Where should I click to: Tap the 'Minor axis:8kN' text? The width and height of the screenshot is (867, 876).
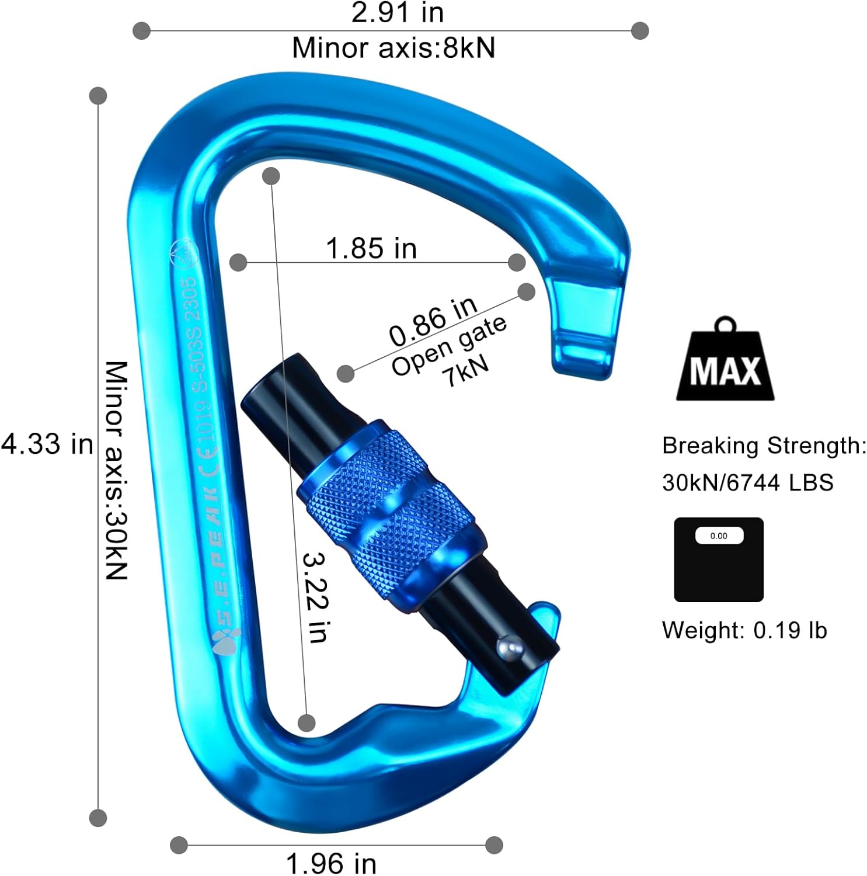coord(393,47)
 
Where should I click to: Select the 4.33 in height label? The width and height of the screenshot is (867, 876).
coord(47,444)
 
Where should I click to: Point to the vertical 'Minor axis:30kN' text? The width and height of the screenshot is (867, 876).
coord(116,470)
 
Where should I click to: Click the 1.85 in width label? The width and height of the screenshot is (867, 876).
coord(371,248)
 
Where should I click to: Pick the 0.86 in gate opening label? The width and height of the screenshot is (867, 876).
coord(433,321)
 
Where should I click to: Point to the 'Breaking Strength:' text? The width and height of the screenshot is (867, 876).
coord(764,446)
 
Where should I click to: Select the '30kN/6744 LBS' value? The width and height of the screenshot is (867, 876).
coord(747,482)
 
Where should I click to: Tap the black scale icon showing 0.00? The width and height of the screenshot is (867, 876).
coord(719,559)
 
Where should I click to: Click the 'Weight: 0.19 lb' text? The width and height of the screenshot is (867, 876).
coord(744,630)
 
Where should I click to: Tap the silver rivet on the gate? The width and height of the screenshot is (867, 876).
coord(507,649)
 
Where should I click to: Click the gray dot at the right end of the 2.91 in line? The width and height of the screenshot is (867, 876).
coord(640,30)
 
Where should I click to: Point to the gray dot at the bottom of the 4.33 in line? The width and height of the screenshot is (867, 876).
coord(98,818)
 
